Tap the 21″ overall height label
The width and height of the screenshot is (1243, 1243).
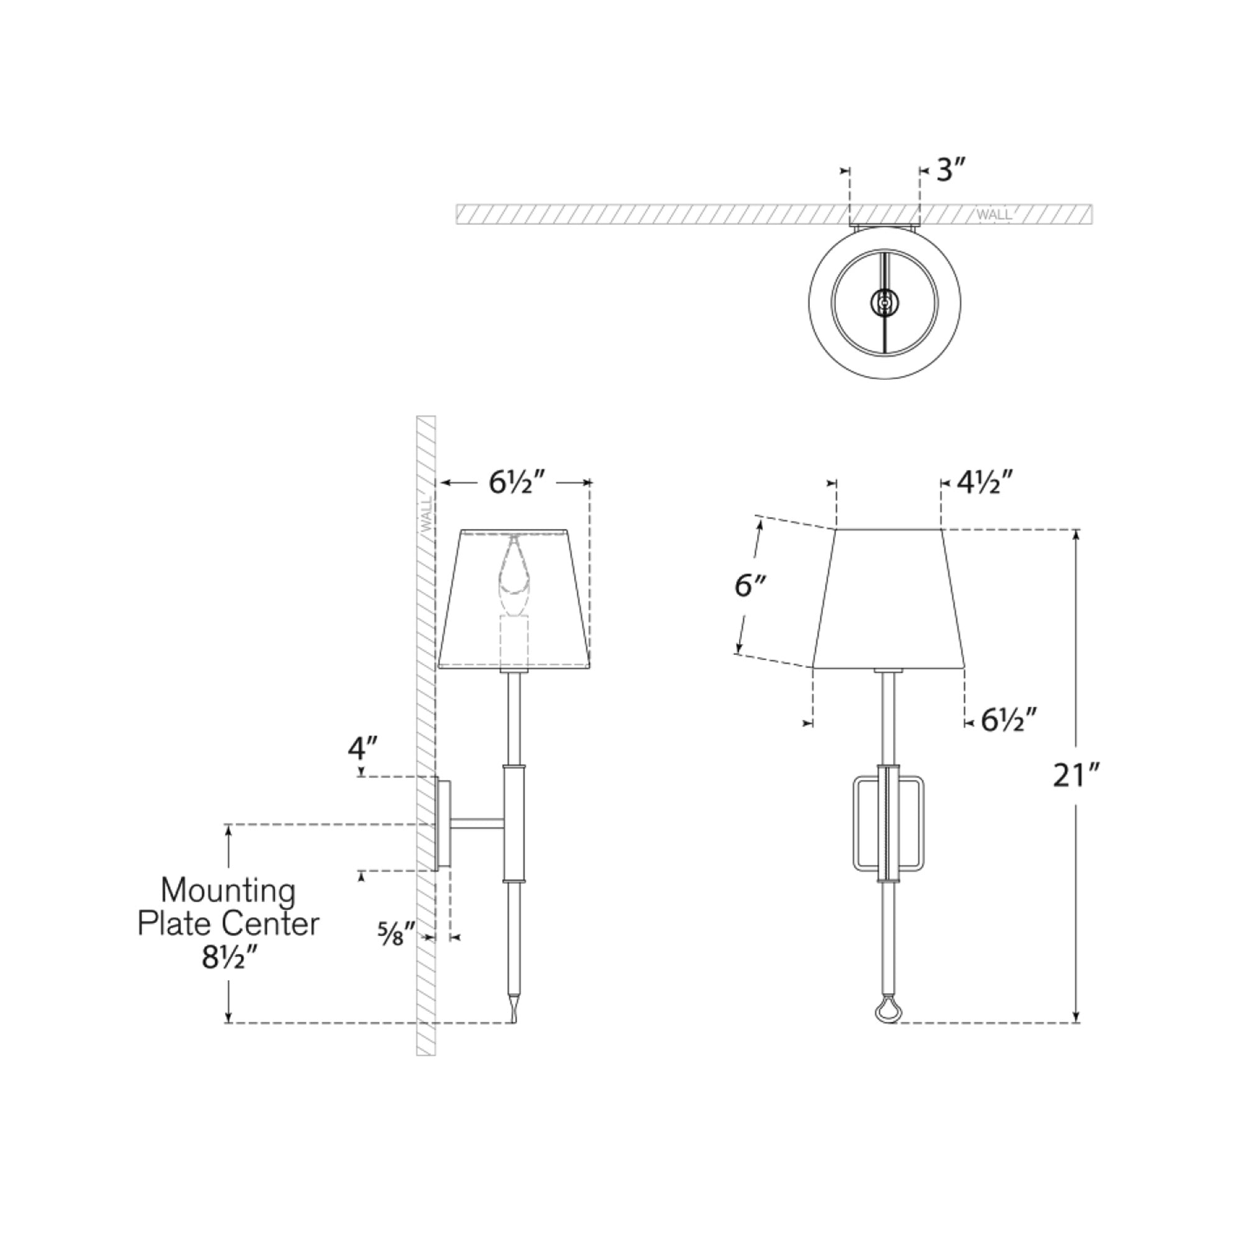[x=1077, y=776]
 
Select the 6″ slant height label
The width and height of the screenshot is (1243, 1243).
[x=750, y=585]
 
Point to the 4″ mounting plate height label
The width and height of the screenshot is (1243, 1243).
[x=363, y=748]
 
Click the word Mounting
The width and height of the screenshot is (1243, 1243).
[x=228, y=892]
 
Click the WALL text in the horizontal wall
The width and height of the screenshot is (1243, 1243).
[x=994, y=214]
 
